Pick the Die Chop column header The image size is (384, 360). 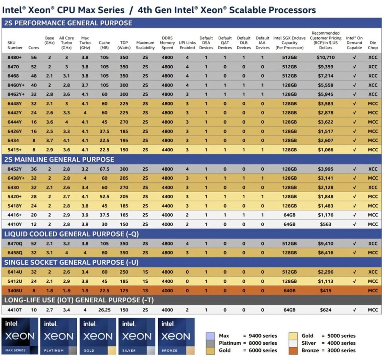(372, 45)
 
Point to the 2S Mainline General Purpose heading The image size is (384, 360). (59, 159)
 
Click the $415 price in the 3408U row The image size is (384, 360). (326, 291)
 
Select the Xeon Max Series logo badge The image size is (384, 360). (20, 336)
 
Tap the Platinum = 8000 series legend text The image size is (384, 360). (248, 343)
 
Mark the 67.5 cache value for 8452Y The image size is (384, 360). (104, 169)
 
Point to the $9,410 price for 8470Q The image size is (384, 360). (326, 244)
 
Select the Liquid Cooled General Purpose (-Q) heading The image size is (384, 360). (71, 234)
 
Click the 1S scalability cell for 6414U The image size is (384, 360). (145, 272)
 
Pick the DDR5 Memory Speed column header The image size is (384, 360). (167, 43)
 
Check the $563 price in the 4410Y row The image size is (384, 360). (326, 224)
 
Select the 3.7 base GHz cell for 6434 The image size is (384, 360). (50, 141)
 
